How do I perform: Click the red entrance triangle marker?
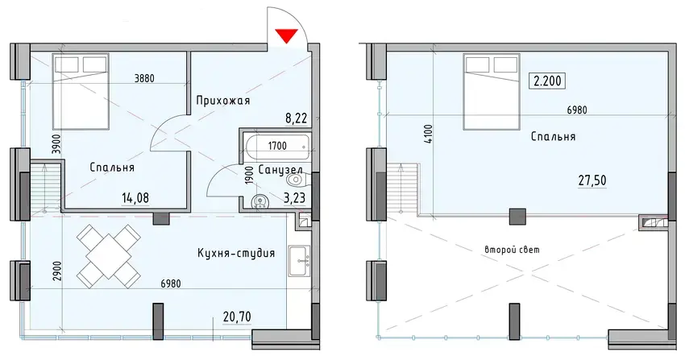coord(287,35)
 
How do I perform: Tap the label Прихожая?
coord(223,101)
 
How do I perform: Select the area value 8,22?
coord(297,118)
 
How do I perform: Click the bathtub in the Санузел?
coord(276,147)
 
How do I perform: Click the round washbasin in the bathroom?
coord(261,201)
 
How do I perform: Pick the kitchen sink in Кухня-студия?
coord(299,260)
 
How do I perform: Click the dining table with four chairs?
coord(108,257)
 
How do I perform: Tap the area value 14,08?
coord(135,199)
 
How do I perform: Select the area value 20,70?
coord(237,317)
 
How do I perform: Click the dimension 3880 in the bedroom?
coord(144,79)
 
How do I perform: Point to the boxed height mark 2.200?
coord(547,81)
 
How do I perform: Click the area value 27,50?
coord(593,180)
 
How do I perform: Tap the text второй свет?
coord(512,250)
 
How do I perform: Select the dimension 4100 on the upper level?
coord(428,134)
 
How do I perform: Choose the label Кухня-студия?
coord(236,253)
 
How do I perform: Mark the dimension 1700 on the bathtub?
coord(277,146)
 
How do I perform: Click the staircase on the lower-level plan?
coord(45,187)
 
